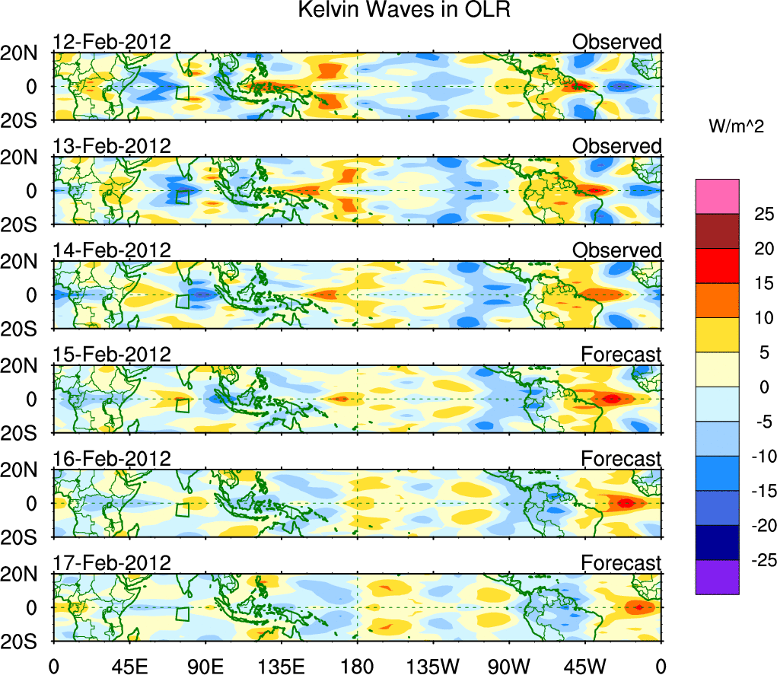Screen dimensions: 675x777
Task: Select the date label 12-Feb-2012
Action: (x=112, y=42)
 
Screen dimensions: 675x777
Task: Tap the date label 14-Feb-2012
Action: (x=112, y=250)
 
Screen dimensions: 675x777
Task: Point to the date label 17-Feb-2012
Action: (x=112, y=562)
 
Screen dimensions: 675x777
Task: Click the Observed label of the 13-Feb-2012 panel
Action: (x=616, y=146)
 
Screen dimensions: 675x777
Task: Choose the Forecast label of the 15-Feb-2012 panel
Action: (x=621, y=355)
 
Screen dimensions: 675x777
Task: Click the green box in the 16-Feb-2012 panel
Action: (x=182, y=509)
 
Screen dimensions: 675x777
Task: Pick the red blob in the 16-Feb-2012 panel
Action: (x=626, y=503)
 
